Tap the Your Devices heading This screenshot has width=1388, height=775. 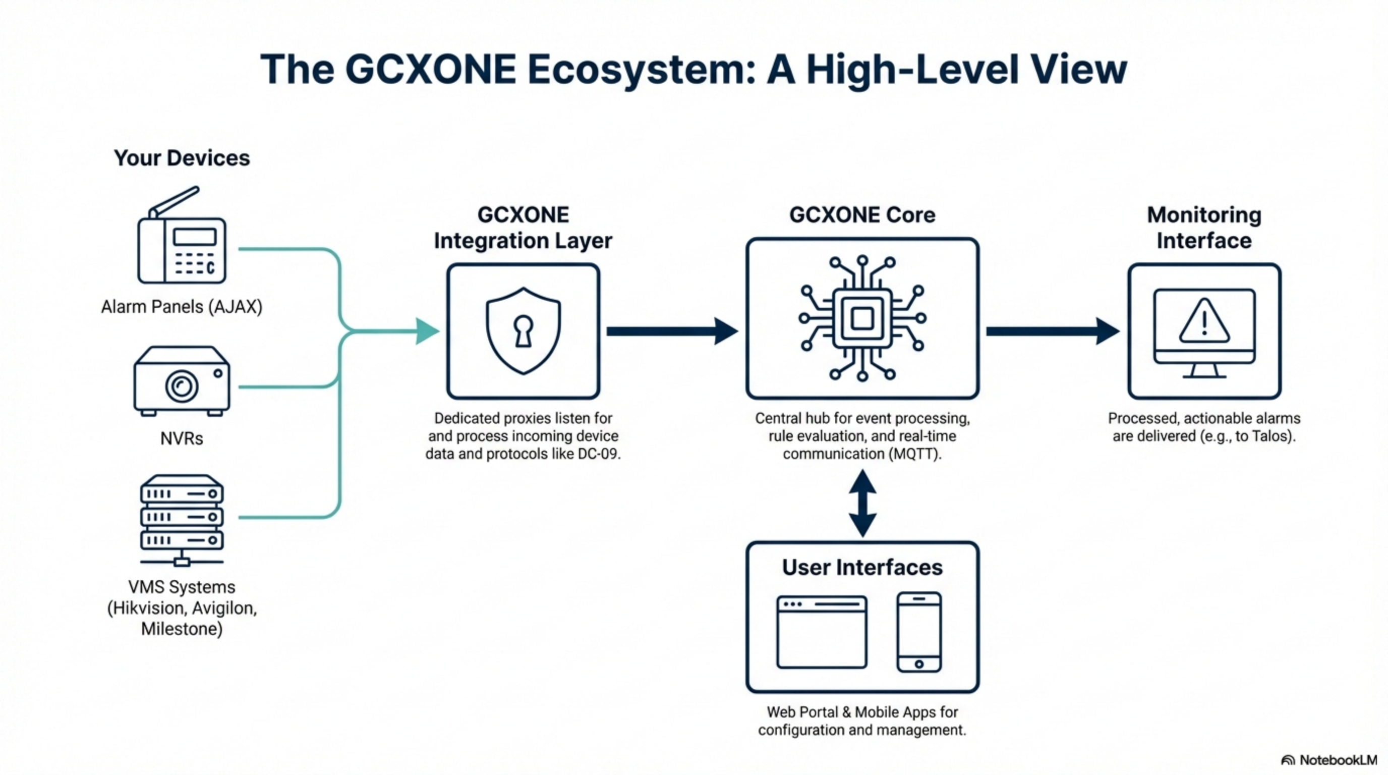(182, 158)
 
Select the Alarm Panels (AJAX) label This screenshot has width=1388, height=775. (182, 307)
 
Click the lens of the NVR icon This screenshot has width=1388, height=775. (182, 385)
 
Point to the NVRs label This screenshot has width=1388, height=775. (182, 438)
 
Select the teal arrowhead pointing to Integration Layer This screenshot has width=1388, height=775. (427, 331)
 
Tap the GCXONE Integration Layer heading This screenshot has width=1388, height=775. (523, 228)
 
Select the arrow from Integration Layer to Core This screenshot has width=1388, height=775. (671, 331)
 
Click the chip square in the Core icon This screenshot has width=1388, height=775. (862, 318)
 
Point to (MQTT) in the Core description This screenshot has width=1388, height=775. (916, 454)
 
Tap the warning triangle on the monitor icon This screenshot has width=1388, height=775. (1204, 322)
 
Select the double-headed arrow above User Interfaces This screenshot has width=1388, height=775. (862, 503)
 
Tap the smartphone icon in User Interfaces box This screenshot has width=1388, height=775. (918, 632)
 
